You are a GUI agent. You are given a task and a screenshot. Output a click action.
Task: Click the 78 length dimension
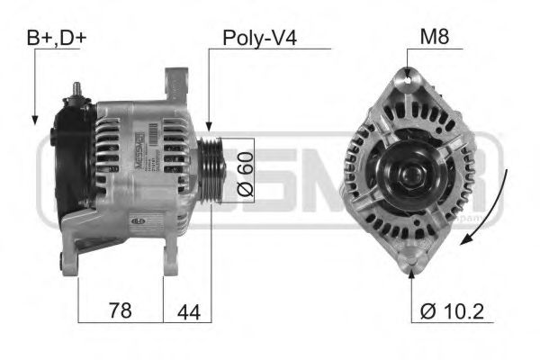(x=119, y=310)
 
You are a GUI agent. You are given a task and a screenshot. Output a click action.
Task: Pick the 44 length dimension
(x=187, y=310)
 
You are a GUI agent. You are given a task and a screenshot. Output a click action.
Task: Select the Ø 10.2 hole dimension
(x=451, y=311)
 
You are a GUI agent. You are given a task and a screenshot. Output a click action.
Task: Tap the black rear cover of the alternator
(x=70, y=162)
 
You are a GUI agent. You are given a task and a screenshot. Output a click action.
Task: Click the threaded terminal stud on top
(x=76, y=89)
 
